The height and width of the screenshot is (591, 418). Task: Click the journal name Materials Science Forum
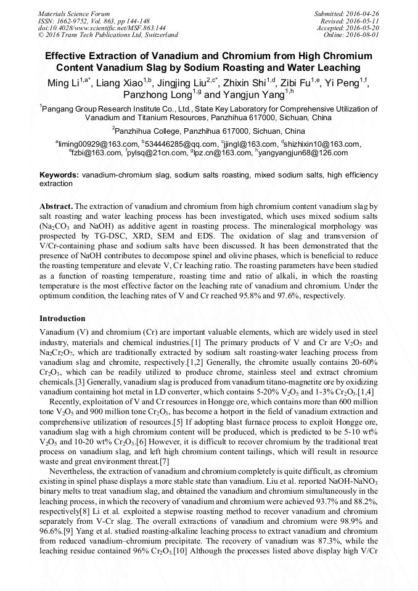point(74,14)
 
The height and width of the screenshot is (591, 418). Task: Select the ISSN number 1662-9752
point(72,21)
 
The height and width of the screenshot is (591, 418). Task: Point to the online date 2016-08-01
point(364,35)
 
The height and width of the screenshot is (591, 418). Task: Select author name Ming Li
point(64,83)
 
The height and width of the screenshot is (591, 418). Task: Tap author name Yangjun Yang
point(252,95)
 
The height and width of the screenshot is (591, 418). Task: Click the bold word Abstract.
point(56,206)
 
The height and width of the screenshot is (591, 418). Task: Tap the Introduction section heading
point(62,319)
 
